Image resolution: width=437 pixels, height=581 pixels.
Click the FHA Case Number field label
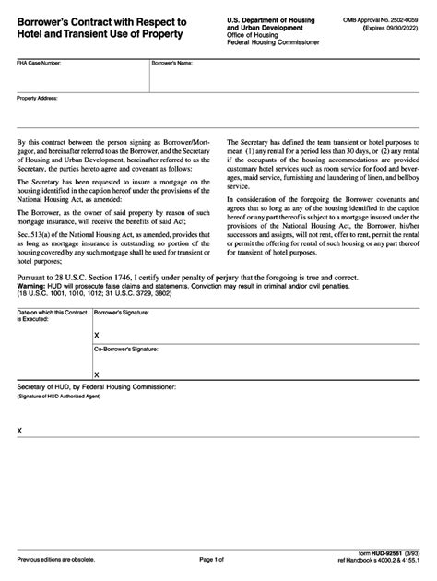pos(37,64)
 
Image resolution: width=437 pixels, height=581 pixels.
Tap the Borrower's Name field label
pos(172,64)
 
